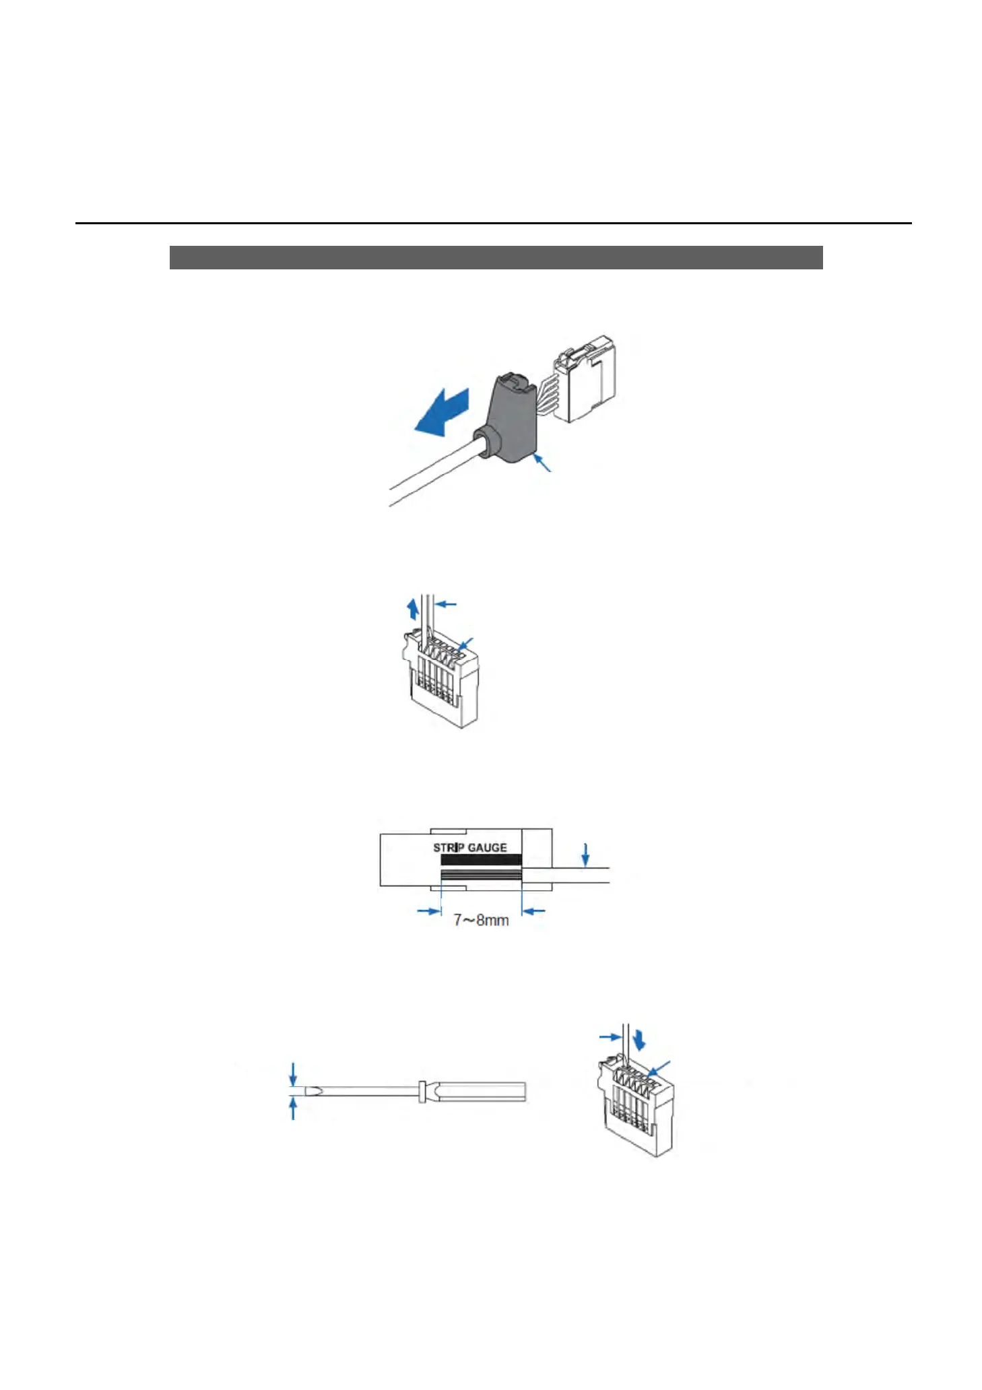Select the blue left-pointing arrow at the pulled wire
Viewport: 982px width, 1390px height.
(x=447, y=604)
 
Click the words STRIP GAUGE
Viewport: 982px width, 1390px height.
(x=470, y=847)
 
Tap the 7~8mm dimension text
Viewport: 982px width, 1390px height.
(x=481, y=920)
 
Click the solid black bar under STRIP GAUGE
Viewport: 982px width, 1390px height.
(x=480, y=859)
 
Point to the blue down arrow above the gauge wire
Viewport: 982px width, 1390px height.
(x=586, y=855)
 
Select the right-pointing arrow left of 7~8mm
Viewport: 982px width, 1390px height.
(x=429, y=911)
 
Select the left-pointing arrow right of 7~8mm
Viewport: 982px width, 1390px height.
(x=534, y=911)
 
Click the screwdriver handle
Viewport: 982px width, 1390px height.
(x=480, y=1092)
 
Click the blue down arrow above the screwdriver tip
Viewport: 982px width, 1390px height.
(x=293, y=1075)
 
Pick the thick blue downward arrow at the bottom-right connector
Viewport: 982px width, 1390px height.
(x=640, y=1040)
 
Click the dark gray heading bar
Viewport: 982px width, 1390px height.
(x=496, y=257)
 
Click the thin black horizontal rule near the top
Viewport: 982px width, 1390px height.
(x=493, y=223)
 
